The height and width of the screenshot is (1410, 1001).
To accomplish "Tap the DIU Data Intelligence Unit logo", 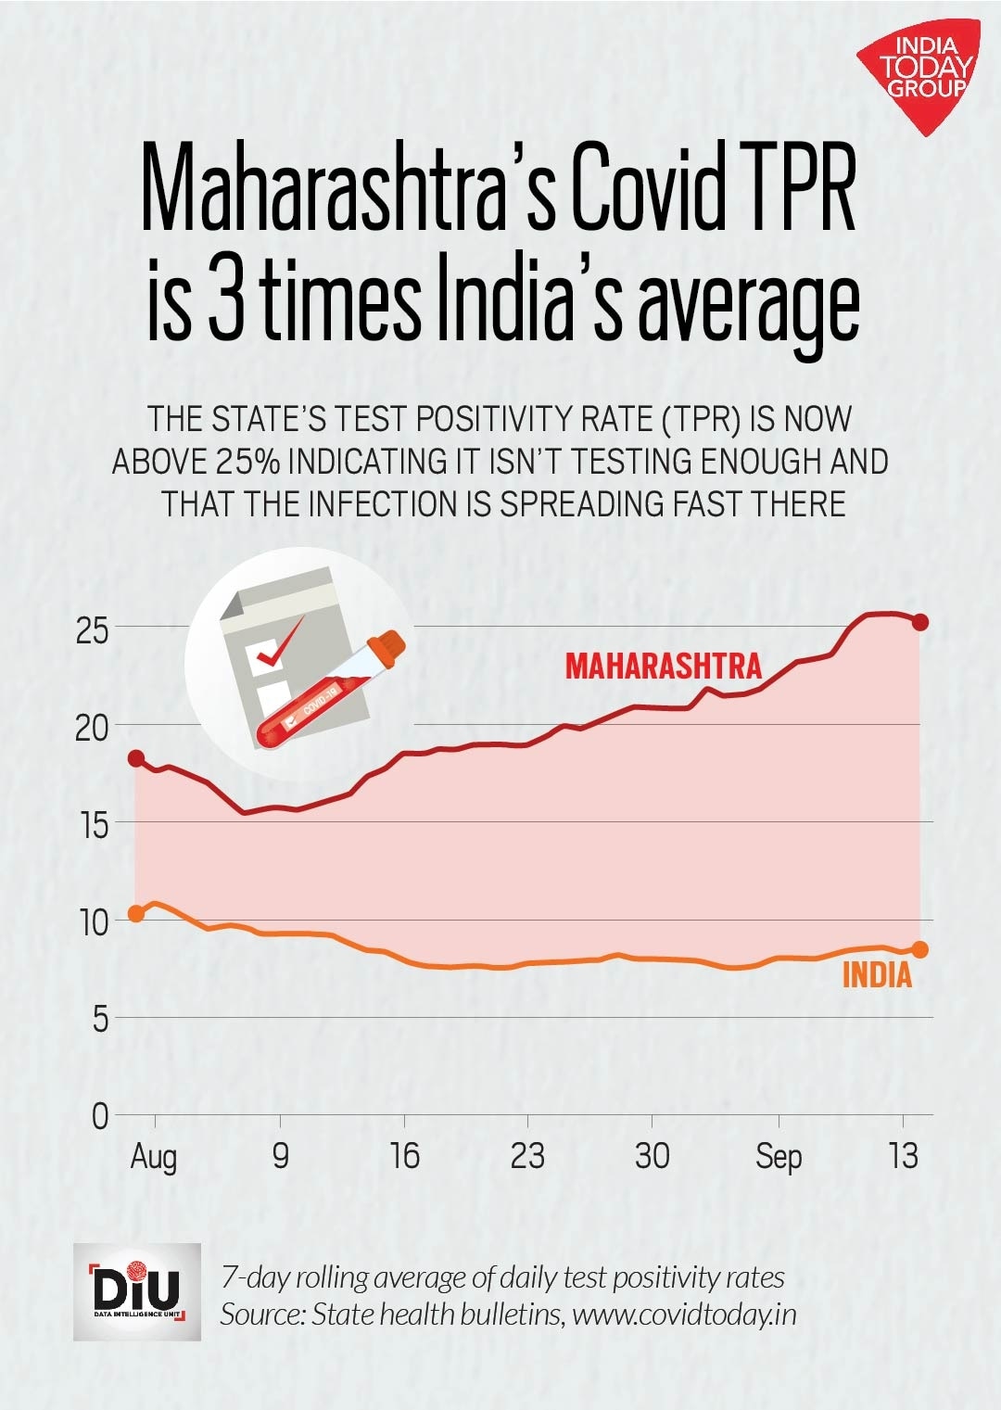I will [137, 1291].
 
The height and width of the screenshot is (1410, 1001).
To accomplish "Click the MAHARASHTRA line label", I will [663, 666].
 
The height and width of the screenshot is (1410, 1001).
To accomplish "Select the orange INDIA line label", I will [877, 975].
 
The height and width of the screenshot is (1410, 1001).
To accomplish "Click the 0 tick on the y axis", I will [100, 1116].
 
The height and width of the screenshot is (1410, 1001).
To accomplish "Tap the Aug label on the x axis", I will [154, 1157].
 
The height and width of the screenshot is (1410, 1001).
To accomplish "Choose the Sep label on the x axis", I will [779, 1157].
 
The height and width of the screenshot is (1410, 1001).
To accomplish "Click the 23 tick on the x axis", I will [528, 1156].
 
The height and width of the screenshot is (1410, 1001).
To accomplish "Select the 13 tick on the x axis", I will [903, 1156].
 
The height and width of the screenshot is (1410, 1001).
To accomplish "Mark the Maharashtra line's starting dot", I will [136, 758].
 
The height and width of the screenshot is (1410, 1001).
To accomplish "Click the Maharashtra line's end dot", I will [920, 622].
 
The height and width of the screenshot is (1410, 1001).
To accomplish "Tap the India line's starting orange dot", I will [136, 913].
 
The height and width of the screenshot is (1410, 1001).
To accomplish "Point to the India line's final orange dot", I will [920, 949].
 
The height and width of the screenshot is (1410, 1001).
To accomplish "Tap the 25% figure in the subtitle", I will [246, 462].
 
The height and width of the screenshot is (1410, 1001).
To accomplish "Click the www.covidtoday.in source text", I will [684, 1315].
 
